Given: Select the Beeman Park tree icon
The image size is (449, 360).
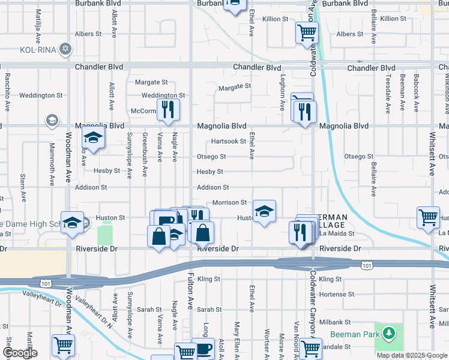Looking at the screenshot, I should (x=390, y=333).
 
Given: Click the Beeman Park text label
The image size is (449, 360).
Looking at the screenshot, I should (x=355, y=334).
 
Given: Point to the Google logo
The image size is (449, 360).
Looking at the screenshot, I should (x=20, y=353).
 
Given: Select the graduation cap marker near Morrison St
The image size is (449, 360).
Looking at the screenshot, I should (x=264, y=211).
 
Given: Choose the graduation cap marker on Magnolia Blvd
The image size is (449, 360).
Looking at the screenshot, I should (x=93, y=137).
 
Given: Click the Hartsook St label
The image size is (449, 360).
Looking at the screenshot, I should (x=229, y=142).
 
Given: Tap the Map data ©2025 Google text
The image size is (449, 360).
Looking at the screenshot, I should (x=412, y=355).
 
